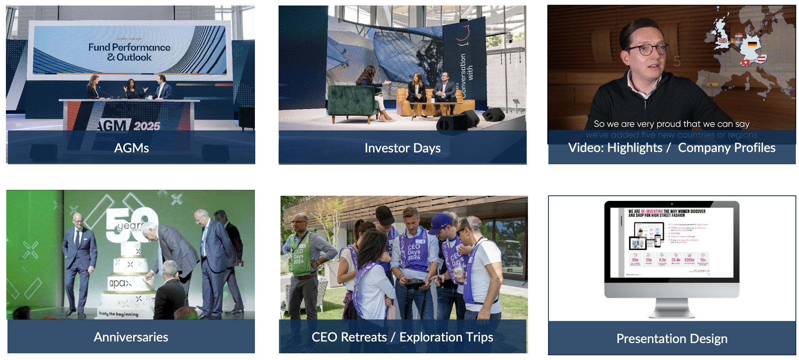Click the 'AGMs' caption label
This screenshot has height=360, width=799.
click(131, 148)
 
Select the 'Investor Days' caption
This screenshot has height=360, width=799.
click(402, 148)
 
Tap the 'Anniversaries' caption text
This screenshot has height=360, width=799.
click(131, 337)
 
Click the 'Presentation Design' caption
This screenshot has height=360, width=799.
click(672, 339)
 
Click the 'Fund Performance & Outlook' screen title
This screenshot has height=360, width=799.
click(129, 52)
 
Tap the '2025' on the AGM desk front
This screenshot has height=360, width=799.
click(147, 126)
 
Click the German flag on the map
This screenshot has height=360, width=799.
click(752, 45)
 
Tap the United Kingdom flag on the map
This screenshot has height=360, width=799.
click(723, 41)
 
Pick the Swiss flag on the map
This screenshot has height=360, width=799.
click(745, 62)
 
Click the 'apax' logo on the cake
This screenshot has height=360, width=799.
click(119, 283)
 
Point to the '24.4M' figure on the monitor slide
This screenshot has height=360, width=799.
click(676, 260)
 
